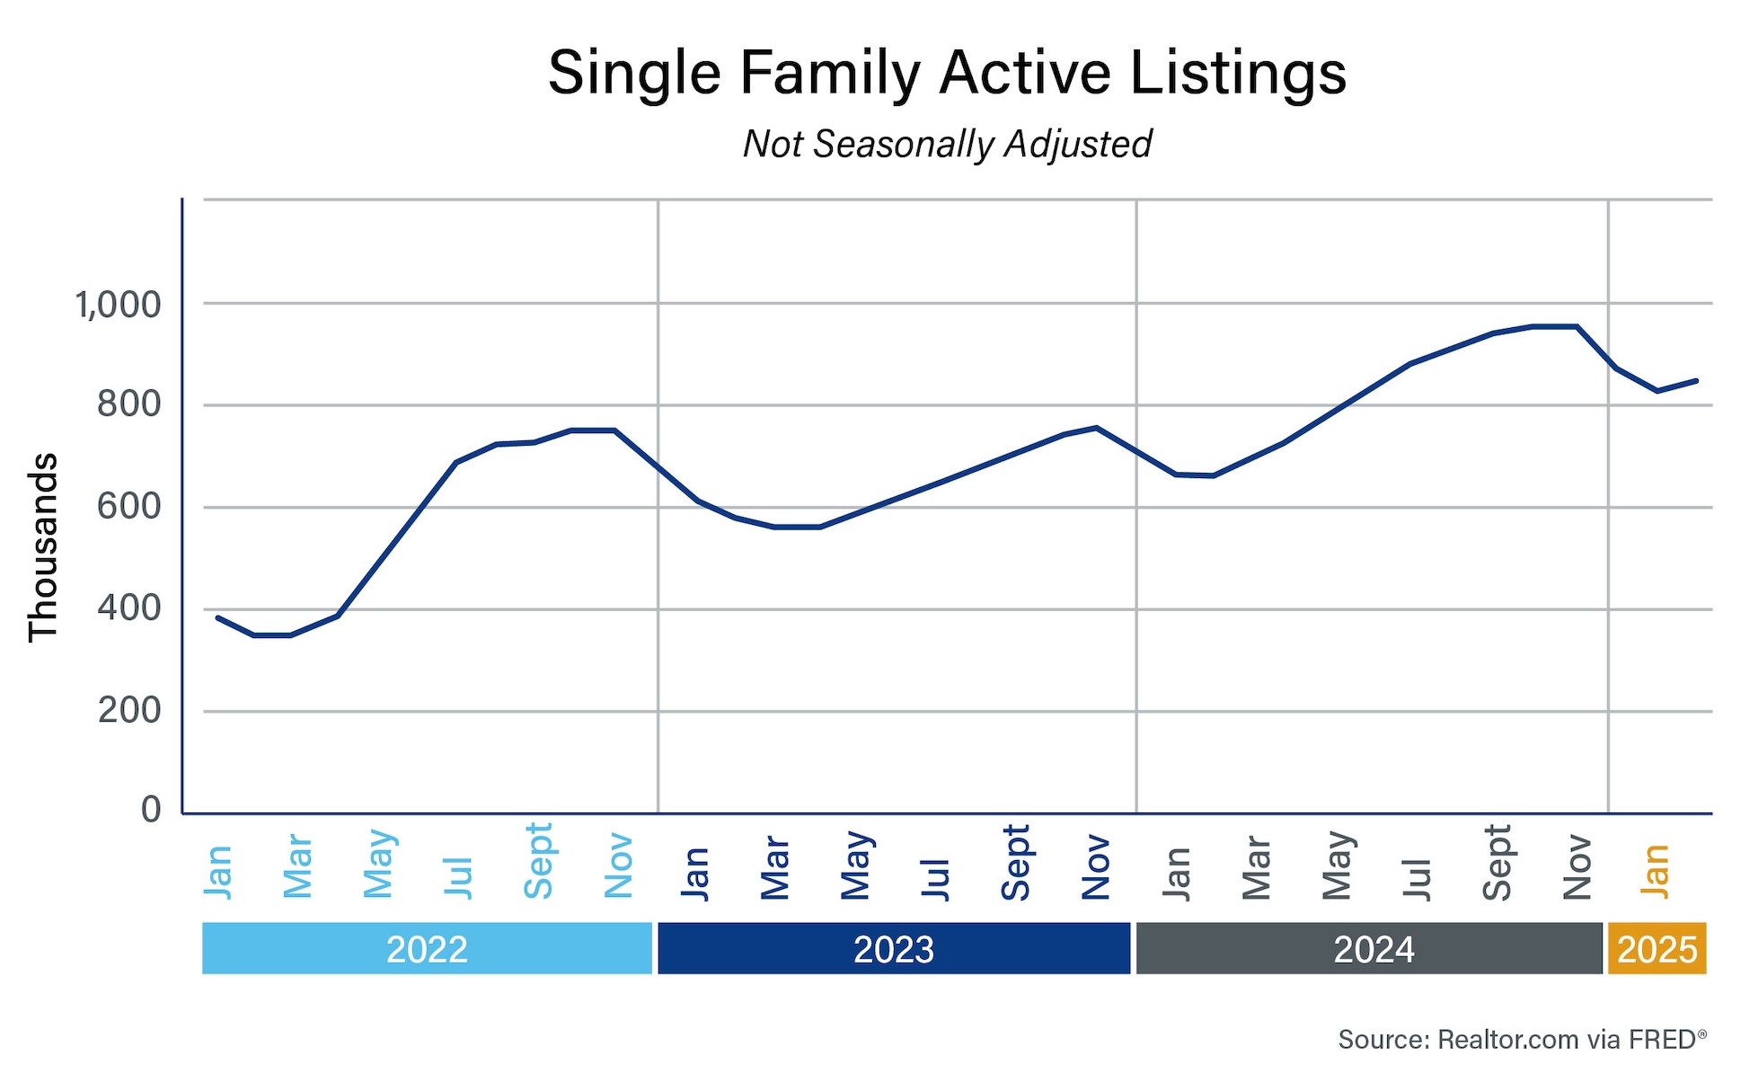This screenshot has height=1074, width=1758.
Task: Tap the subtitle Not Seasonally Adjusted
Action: click(947, 144)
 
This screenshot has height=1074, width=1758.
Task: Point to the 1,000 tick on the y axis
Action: click(118, 306)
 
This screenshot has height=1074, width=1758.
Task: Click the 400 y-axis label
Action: click(128, 608)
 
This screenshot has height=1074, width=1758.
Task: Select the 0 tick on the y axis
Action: click(151, 809)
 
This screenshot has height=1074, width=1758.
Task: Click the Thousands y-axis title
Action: click(43, 547)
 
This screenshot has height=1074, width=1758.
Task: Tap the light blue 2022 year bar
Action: click(427, 949)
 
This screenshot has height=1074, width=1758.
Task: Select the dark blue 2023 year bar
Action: click(893, 949)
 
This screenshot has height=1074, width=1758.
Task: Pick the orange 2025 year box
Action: click(1656, 949)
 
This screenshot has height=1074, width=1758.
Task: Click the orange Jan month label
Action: click(1655, 871)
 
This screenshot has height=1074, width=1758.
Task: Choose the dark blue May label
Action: click(856, 865)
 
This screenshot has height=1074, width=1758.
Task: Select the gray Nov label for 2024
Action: click(1577, 867)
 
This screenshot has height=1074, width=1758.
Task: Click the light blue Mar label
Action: click(297, 867)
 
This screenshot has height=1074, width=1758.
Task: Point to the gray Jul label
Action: click(1416, 878)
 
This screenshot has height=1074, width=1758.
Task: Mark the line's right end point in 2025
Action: click(1696, 381)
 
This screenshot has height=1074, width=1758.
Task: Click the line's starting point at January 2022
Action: click(218, 617)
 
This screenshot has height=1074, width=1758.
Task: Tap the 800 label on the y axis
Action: click(128, 405)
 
